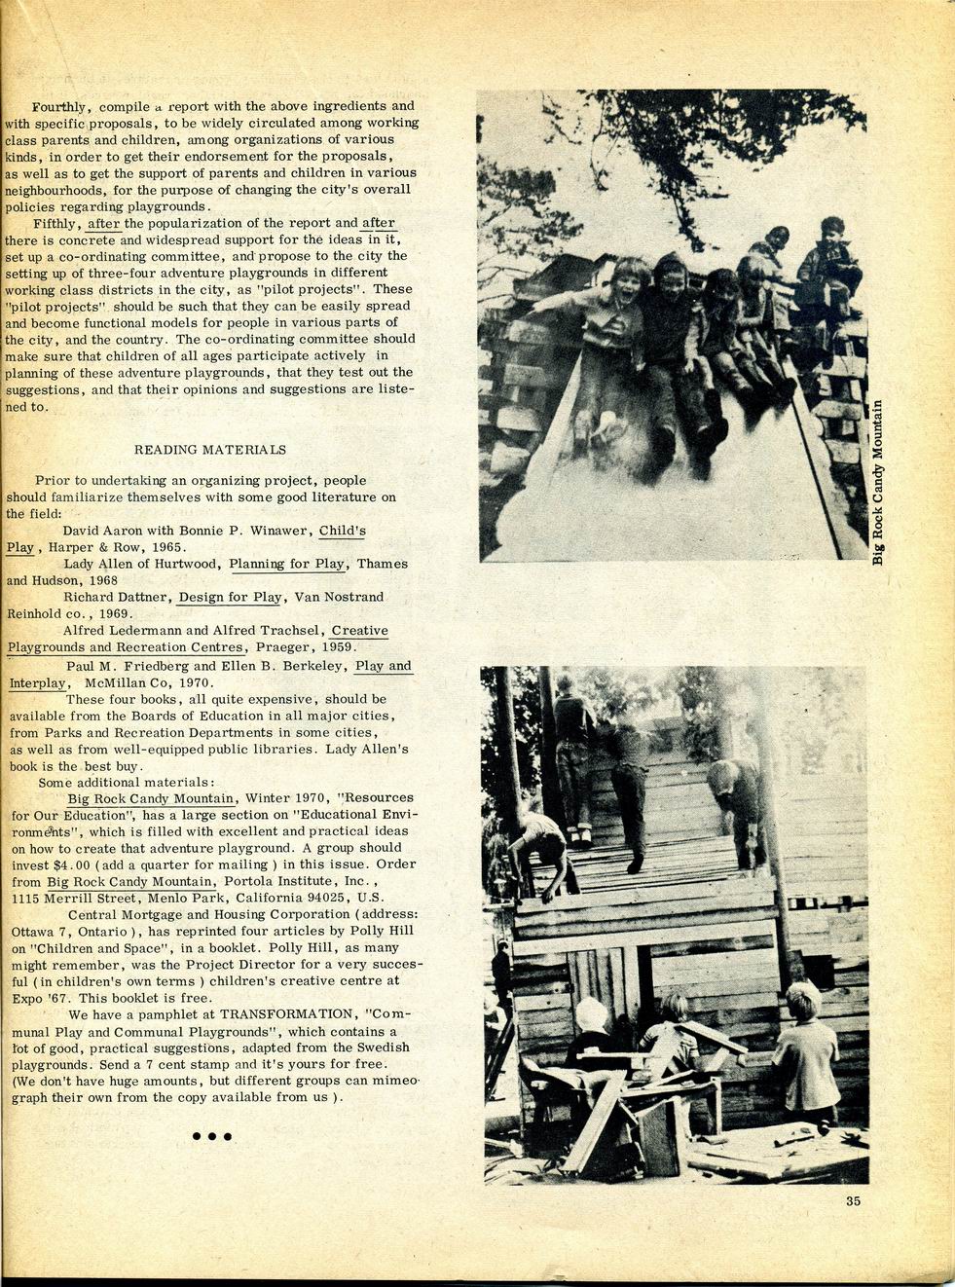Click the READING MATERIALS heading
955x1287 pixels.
tap(209, 450)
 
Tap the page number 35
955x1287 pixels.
tap(853, 1200)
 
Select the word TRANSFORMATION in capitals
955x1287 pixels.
tap(292, 1014)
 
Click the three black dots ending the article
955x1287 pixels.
tap(211, 1136)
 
